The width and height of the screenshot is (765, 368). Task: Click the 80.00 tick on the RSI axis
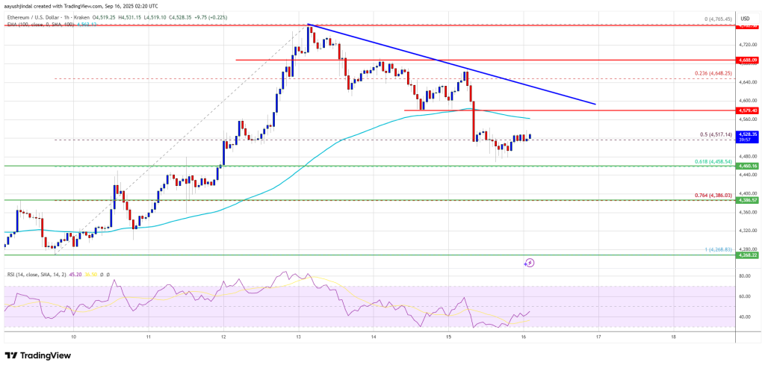(x=744, y=276)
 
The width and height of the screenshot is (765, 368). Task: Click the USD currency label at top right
(x=744, y=18)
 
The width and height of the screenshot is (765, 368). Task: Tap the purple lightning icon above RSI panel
(x=529, y=262)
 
